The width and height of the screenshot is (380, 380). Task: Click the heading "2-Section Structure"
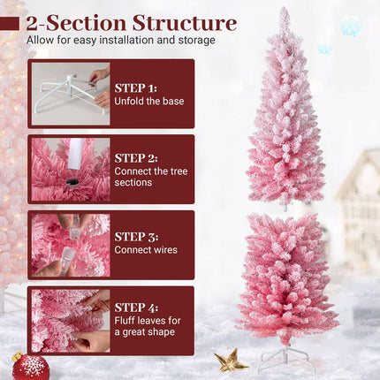coord(132,22)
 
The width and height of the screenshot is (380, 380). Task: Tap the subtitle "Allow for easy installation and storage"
coord(120,40)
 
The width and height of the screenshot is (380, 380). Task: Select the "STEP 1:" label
coord(135,88)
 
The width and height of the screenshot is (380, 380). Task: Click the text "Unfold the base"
coord(149,101)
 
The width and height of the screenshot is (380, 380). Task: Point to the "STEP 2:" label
coord(135,157)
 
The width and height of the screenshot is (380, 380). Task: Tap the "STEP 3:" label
coord(135,236)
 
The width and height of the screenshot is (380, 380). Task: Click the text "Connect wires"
coord(146,249)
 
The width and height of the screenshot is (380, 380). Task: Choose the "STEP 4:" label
coord(135,308)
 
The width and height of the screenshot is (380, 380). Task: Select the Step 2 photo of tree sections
coord(71,169)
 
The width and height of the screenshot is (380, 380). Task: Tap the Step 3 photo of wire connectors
coord(71,245)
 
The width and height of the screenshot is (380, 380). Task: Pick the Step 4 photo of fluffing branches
coord(71,321)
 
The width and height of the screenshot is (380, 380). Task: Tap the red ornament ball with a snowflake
coord(31,366)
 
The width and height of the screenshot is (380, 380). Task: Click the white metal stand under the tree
coord(285,357)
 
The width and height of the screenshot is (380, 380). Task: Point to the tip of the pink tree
coord(285,11)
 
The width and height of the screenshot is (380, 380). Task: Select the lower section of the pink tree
coord(285,274)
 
